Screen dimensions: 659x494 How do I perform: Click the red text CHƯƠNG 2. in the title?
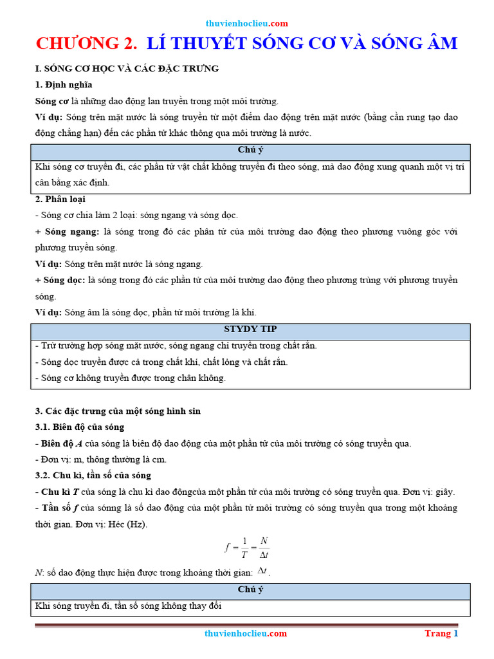point(87,43)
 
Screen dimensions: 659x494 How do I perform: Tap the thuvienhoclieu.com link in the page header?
point(246,23)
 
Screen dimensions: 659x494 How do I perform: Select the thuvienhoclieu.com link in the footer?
point(246,633)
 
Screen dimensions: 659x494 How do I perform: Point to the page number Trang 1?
point(441,633)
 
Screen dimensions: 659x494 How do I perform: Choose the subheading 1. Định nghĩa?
point(64,84)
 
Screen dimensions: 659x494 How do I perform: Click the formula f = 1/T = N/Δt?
point(247,548)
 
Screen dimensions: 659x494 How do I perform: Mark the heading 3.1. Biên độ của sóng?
point(80,427)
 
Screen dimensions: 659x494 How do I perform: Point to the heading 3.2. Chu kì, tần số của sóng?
point(93,475)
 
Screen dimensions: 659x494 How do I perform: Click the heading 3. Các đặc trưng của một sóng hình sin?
point(118,411)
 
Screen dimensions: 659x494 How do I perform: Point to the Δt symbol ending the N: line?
point(262,570)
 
